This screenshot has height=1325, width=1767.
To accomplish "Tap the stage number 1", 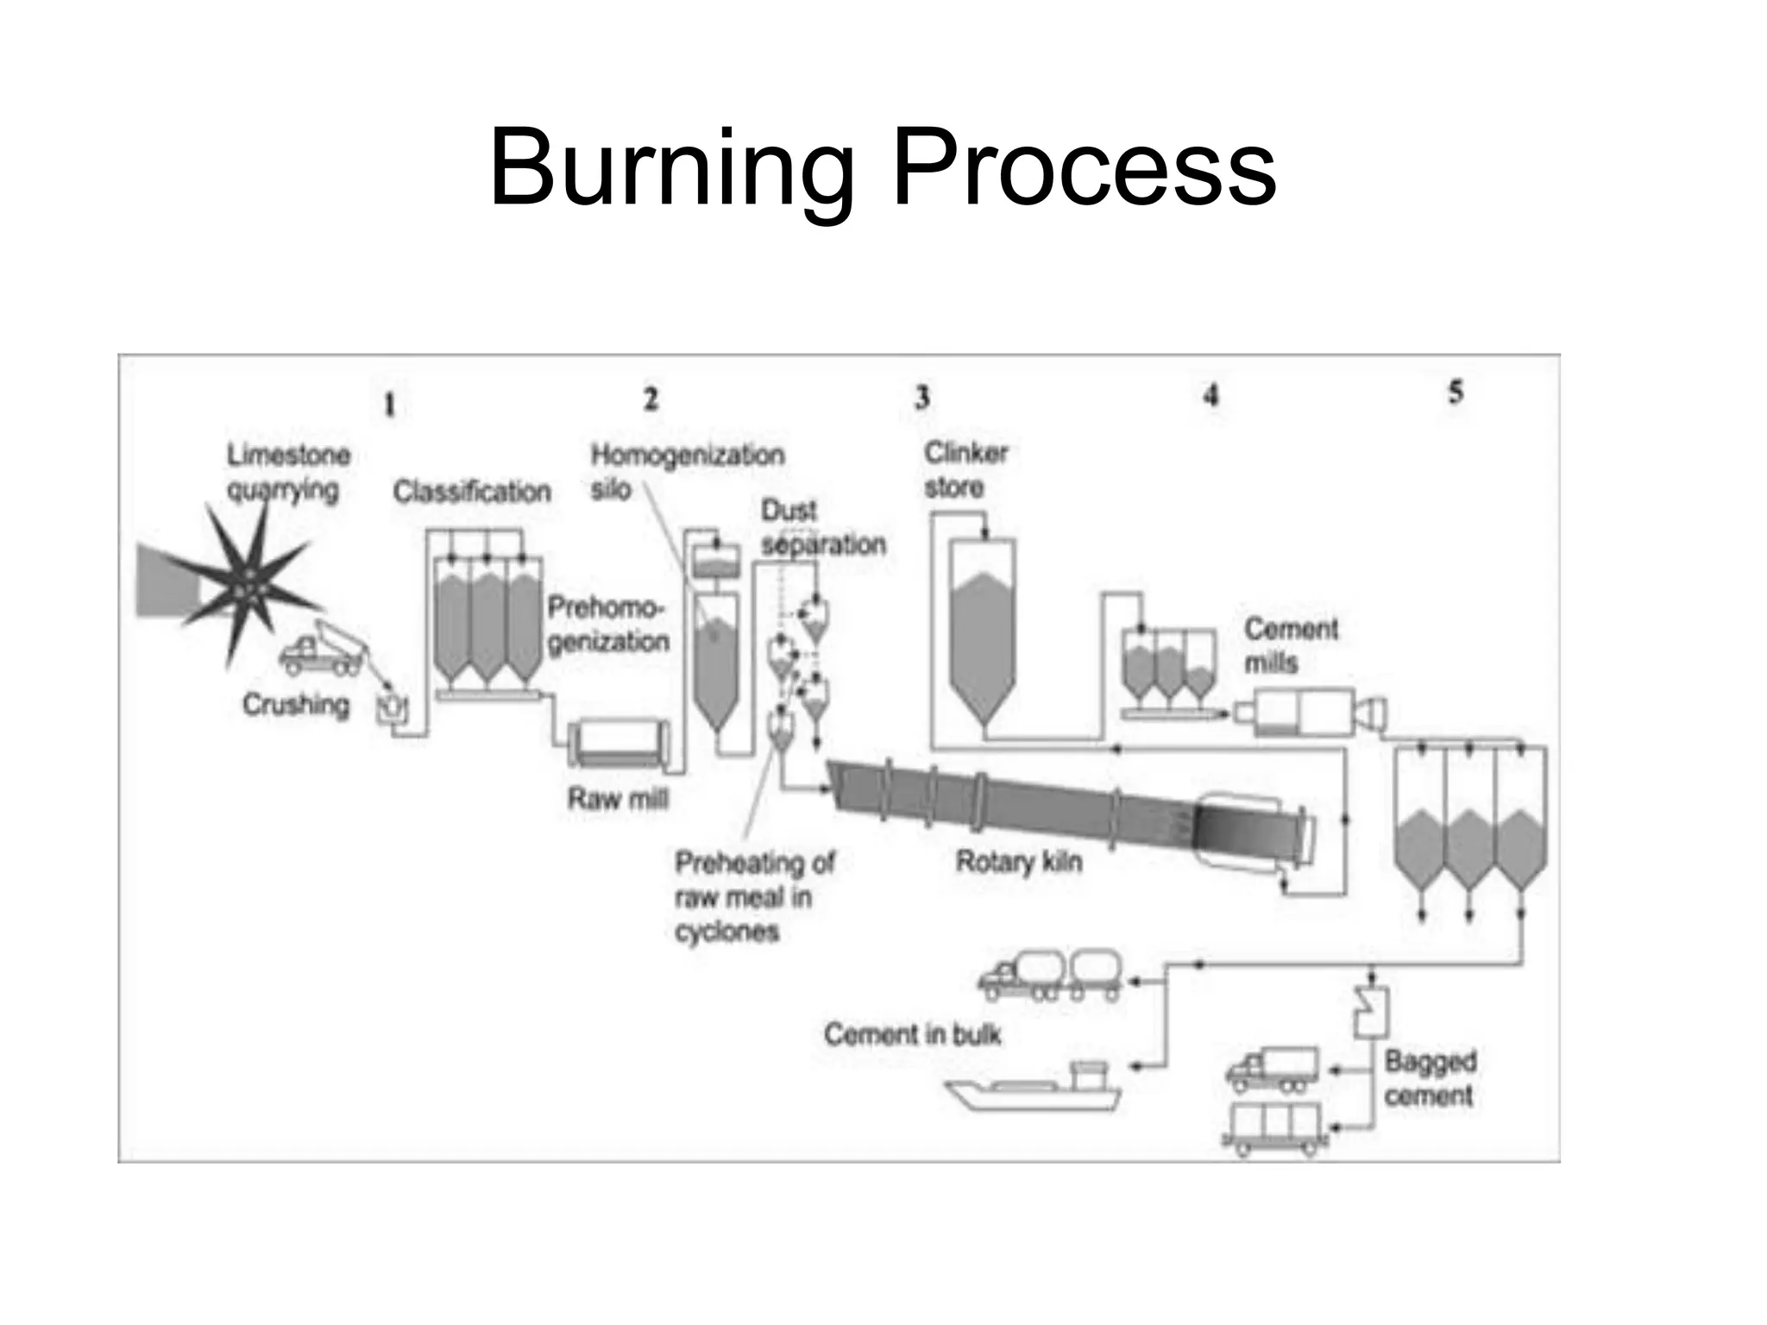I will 389,405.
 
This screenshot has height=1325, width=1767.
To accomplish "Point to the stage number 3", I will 922,398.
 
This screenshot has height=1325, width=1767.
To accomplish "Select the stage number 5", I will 1456,392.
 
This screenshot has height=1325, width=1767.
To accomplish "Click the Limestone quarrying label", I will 288,472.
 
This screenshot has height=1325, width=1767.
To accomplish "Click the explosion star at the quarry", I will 245,587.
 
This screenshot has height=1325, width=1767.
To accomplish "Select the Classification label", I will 471,492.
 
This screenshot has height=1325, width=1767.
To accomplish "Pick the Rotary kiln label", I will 1018,862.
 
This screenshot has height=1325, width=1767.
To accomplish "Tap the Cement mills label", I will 1290,646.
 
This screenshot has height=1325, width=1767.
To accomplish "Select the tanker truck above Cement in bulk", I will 1052,976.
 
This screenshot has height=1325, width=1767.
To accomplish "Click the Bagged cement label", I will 1430,1078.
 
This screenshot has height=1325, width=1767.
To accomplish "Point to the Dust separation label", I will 821,528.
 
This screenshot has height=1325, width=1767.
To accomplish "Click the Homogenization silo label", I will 686,471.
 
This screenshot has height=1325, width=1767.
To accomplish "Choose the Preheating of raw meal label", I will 753,896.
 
